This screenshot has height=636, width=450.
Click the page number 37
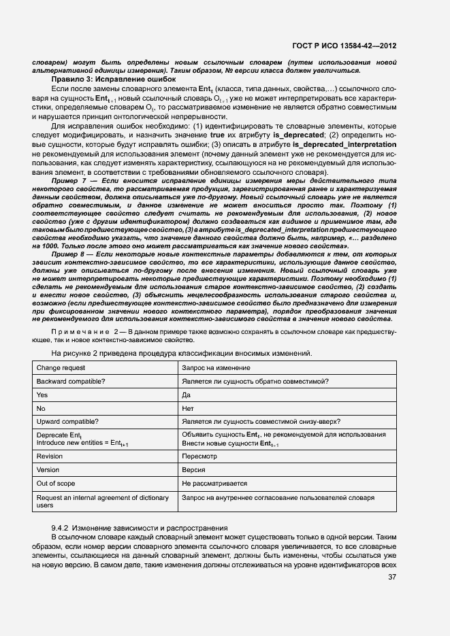tap(392, 578)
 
